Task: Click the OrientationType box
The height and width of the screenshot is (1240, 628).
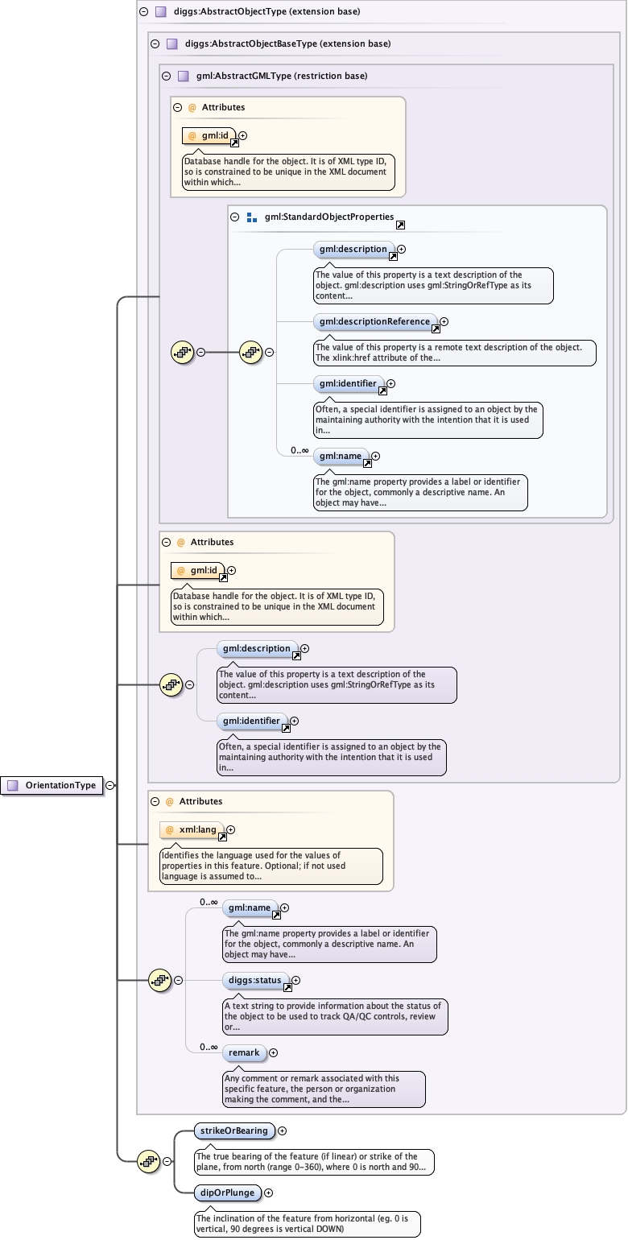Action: pos(53,785)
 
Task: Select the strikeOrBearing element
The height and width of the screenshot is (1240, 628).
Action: pos(234,1130)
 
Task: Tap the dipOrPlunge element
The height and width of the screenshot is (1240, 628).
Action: pos(228,1192)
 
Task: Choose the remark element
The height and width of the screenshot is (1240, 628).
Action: pos(244,1052)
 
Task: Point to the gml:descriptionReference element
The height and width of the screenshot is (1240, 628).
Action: pos(374,321)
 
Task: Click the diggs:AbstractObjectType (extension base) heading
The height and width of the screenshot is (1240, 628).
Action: pos(255,12)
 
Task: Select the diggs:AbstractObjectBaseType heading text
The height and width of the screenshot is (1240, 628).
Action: pos(278,44)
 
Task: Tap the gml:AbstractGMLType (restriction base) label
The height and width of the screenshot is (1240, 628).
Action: pos(281,76)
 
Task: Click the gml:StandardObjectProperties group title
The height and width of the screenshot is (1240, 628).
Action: pos(328,217)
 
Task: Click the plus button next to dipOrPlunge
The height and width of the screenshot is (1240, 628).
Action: pos(269,1192)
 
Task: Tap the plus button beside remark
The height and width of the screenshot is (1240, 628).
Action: pos(273,1052)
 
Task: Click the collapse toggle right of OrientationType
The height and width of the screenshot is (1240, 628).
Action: pos(109,785)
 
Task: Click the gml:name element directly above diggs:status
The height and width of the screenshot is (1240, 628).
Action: pos(250,907)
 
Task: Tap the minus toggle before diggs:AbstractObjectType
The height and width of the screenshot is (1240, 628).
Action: pos(143,12)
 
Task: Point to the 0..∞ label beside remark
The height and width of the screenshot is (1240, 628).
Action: pos(209,1047)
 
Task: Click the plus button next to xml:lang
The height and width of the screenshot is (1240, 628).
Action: pos(230,829)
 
